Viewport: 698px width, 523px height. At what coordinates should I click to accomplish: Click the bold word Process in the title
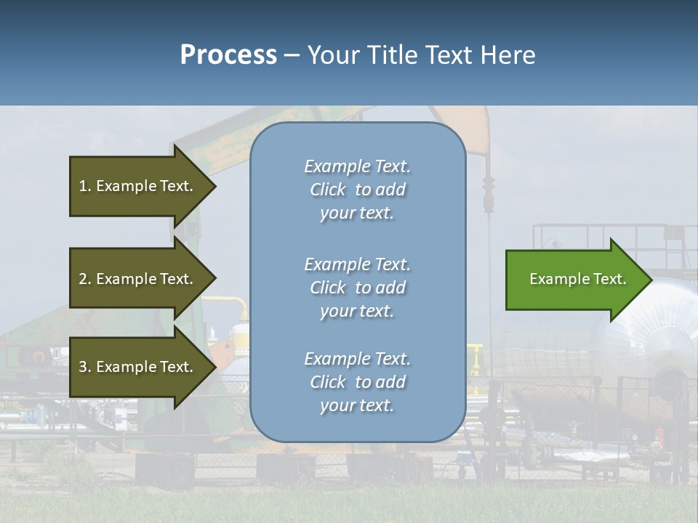point(228,55)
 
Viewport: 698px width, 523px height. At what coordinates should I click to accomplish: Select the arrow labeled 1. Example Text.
point(138,186)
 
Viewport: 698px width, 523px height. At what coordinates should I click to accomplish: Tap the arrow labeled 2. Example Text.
point(138,279)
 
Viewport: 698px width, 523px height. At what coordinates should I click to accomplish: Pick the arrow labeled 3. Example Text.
point(138,367)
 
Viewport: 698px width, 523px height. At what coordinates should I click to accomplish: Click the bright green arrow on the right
point(574,279)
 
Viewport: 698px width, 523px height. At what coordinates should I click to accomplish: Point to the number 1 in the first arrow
point(83,186)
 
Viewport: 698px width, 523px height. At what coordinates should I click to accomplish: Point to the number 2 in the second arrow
point(83,279)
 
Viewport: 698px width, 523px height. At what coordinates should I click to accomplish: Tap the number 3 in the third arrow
point(83,367)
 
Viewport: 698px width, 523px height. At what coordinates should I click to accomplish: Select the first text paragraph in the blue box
point(358,190)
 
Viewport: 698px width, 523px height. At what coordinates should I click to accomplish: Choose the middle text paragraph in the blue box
point(358,288)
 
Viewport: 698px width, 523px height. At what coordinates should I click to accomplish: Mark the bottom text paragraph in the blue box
point(358,382)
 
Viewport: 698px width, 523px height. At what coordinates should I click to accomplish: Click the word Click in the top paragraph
point(327,190)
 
